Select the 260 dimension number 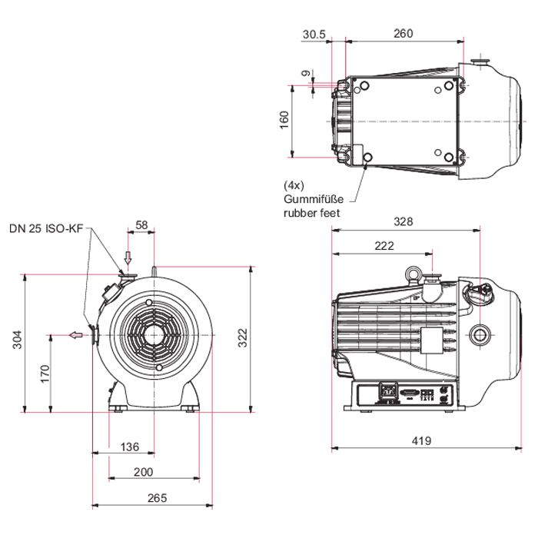click(403, 33)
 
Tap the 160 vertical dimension click(284, 121)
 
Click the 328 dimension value click(403, 222)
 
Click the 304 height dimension click(17, 339)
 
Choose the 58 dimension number click(142, 224)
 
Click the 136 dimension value click(130, 447)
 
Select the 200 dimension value click(144, 472)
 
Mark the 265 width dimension click(157, 498)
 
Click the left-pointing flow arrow click(75, 334)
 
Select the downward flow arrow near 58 click(128, 257)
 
